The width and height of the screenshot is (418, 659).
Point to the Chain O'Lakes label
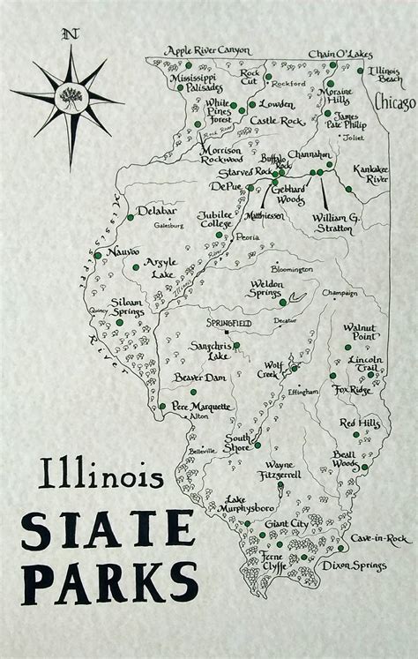point(340,54)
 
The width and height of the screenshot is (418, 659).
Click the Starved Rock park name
point(223,171)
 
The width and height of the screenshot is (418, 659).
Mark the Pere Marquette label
point(203,407)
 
